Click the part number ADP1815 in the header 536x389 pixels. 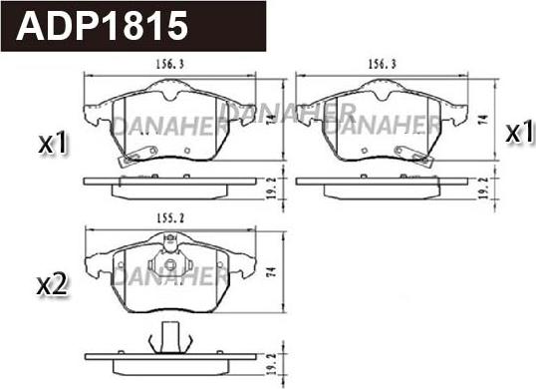pos(102,26)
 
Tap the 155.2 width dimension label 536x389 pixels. pos(170,217)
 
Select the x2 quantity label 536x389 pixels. pos(52,285)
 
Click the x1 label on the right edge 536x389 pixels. pos(519,133)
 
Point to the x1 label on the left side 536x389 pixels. pos(53,143)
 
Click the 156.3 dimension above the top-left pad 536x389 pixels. pos(170,64)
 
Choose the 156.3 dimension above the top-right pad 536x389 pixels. pos(382,64)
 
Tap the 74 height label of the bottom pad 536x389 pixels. pos(272,272)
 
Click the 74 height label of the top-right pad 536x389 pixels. pos(483,120)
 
